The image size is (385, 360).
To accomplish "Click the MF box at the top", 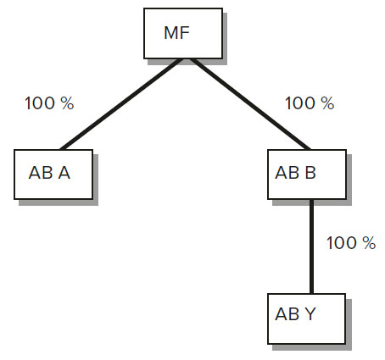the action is coord(183,33).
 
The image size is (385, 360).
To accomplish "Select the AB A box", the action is coord(53,174).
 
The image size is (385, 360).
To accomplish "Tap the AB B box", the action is coord(307,174).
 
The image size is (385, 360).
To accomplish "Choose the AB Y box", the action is coord(307,318).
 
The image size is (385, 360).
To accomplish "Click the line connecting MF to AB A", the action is coord(121,104).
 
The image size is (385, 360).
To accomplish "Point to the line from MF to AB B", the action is coord(250,104).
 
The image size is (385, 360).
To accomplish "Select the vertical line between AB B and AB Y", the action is coord(311,246).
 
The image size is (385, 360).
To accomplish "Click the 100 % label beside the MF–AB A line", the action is coord(49,103).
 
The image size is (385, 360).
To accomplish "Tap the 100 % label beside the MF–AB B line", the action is coord(310,103).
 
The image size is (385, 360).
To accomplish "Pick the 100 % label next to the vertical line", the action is coord(351,243).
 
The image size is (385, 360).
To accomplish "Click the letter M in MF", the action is coord(170,33).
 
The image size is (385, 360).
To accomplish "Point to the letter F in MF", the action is coord(184,33).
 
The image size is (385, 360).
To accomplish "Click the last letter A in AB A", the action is coord(64,173).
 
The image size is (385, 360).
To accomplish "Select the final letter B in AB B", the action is coord(310,173).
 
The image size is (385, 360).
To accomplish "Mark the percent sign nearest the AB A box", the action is coord(67,103).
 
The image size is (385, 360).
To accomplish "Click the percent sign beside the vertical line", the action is coord(369,243).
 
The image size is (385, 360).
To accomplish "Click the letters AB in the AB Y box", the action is coord(287,313).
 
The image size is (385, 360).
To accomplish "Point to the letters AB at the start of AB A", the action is coord(41,173).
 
